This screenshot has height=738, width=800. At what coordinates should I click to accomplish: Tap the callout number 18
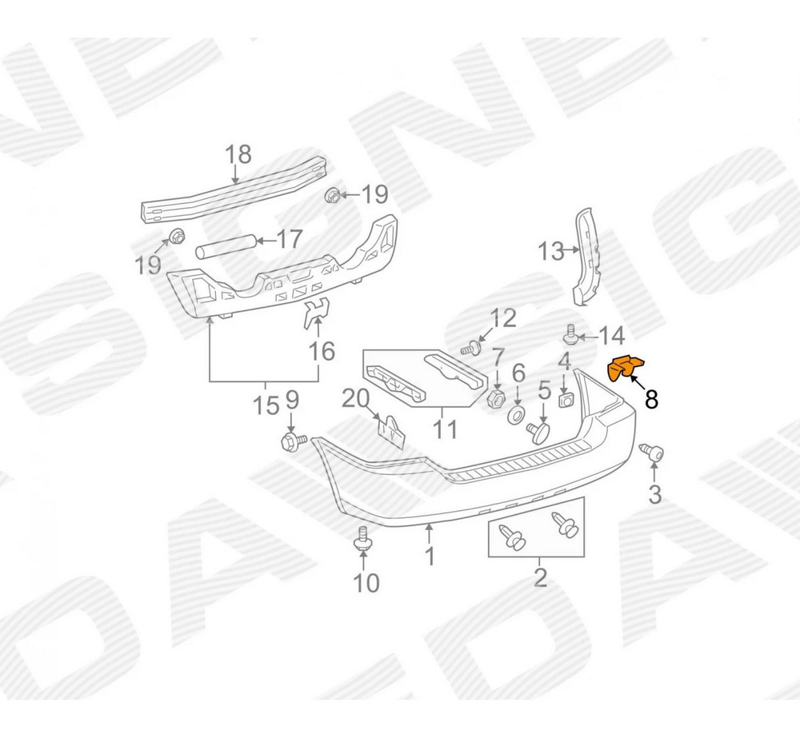coord(238,154)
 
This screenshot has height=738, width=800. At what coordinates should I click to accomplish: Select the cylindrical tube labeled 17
coord(225,245)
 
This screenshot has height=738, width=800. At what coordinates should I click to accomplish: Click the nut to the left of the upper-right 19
coord(333,195)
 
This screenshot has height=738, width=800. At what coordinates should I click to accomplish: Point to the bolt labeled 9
coord(293,441)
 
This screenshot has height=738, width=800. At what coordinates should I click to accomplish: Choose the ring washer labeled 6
coord(516,415)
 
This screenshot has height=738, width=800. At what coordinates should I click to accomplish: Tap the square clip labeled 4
coord(564,399)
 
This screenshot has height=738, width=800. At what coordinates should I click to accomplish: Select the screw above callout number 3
coord(651,453)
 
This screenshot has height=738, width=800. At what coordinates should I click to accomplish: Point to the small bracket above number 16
coord(316,313)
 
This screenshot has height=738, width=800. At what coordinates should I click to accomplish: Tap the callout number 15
coord(266,406)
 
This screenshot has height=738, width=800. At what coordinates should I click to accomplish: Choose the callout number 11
coord(445,429)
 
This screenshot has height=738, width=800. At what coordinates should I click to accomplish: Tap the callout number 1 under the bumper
coord(430,556)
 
